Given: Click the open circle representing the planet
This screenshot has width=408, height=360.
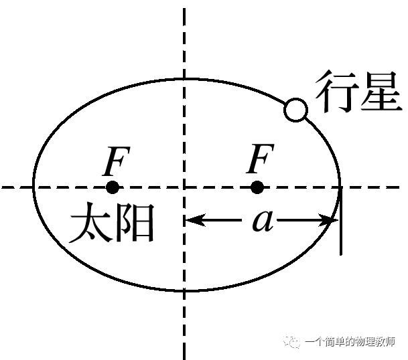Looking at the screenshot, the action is coord(295,109).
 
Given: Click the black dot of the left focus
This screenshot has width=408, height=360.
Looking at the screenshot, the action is coord(113,187).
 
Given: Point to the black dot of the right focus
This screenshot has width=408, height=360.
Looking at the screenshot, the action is coord(257,187).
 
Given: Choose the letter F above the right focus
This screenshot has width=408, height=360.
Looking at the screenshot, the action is coord(260,161).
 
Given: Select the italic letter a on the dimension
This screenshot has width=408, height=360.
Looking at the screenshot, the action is coord(263,221).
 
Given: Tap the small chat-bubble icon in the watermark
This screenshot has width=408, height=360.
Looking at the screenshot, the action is coord(293,341).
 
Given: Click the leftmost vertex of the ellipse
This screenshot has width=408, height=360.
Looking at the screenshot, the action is coord(34,187).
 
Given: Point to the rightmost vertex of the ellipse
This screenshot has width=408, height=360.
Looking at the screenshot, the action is coord(341,187).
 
